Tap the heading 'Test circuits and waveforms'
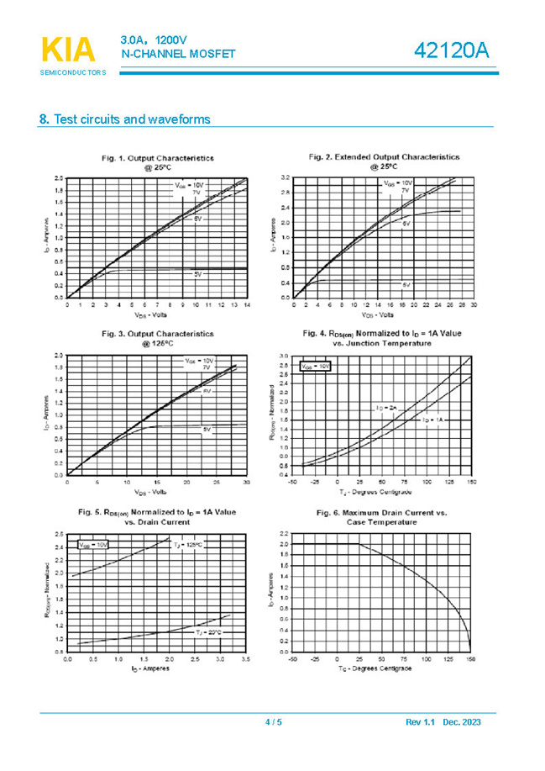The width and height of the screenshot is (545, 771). click(x=125, y=119)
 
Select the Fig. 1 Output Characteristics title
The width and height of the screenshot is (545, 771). click(x=158, y=162)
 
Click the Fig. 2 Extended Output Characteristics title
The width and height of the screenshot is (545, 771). click(x=384, y=161)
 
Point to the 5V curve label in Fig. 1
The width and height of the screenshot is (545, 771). click(x=197, y=274)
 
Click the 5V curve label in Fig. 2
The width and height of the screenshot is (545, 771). click(x=406, y=285)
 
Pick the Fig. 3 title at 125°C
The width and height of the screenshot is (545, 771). click(x=158, y=338)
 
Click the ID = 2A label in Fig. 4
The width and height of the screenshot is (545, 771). click(x=385, y=408)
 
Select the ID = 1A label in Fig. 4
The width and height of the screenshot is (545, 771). click(x=432, y=419)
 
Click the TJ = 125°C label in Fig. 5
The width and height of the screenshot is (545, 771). click(x=188, y=545)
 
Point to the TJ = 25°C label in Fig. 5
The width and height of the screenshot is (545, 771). click(x=209, y=631)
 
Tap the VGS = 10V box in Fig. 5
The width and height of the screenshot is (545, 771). click(x=93, y=545)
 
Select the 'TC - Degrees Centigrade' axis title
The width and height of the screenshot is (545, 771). click(x=382, y=668)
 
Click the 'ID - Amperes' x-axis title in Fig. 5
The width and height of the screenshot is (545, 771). click(x=151, y=668)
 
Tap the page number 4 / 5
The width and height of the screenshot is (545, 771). click(x=274, y=722)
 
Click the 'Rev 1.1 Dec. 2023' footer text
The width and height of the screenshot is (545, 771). click(x=443, y=722)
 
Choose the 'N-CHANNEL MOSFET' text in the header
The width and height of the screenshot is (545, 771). click(x=178, y=55)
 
